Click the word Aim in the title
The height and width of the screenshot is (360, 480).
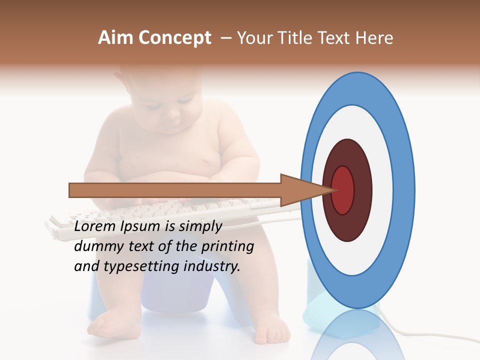(x=115, y=38)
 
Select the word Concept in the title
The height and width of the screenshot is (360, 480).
(x=174, y=38)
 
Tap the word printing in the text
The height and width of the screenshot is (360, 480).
(x=227, y=246)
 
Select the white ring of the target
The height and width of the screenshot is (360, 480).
(x=382, y=190)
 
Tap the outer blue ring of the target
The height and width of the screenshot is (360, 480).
(x=406, y=190)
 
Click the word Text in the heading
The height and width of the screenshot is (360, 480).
(x=340, y=38)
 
